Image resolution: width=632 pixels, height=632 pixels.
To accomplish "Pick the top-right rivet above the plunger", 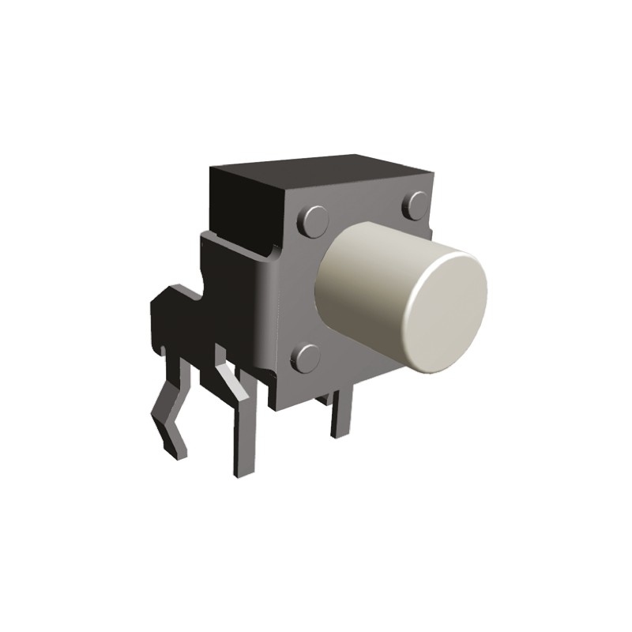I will (x=416, y=207).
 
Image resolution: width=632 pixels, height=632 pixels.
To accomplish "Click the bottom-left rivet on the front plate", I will (x=306, y=357).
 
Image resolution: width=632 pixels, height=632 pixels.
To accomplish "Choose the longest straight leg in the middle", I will (x=242, y=434).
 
